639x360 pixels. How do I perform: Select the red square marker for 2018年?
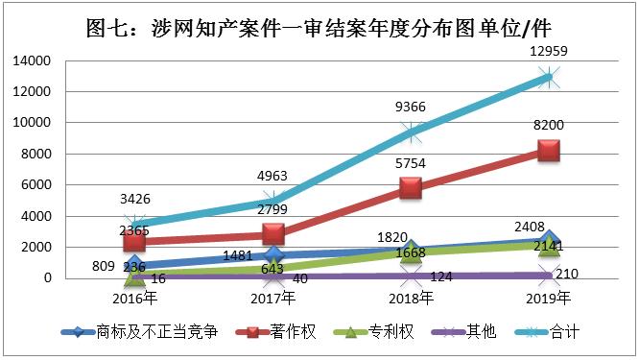(411, 188)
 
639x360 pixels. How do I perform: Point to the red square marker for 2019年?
(548, 151)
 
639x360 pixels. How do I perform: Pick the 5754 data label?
(411, 163)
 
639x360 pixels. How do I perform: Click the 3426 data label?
(136, 200)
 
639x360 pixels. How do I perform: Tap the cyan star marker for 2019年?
(548, 77)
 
